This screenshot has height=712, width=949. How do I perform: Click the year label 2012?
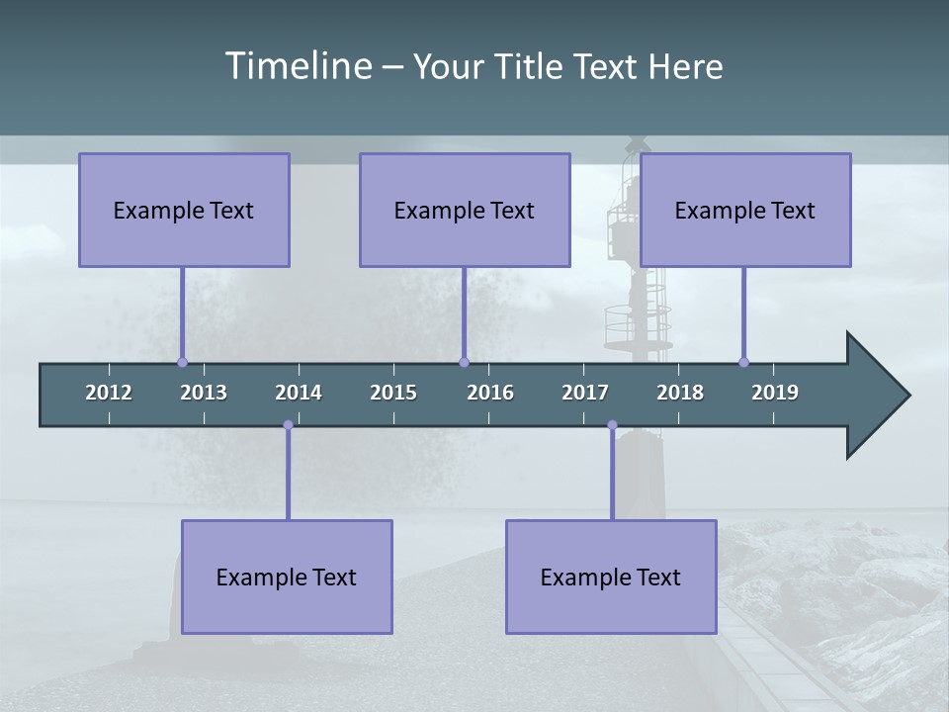click(x=109, y=393)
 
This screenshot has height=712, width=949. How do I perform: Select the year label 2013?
click(x=204, y=393)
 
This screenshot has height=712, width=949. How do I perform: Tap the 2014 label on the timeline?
click(x=299, y=393)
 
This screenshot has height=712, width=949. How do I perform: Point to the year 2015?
click(x=393, y=393)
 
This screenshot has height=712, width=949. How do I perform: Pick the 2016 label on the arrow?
click(x=490, y=393)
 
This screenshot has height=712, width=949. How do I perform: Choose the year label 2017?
click(x=585, y=393)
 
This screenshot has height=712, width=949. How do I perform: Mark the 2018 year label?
click(x=680, y=393)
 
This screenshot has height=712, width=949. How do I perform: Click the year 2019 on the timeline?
click(x=775, y=393)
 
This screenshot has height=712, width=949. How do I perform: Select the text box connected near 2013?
click(x=184, y=210)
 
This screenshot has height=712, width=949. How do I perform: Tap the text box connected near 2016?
click(x=465, y=210)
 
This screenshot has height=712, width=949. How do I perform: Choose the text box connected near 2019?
click(x=745, y=210)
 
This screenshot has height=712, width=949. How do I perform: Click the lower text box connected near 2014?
click(x=287, y=577)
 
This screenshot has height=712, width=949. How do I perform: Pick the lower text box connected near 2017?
click(x=611, y=577)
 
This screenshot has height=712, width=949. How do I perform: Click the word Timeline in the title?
click(x=299, y=66)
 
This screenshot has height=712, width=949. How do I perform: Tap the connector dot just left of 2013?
click(x=182, y=362)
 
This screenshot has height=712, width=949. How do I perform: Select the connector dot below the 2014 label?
click(x=288, y=425)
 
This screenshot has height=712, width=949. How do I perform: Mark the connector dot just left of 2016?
click(x=464, y=362)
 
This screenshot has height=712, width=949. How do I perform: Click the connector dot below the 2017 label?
click(x=612, y=425)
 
